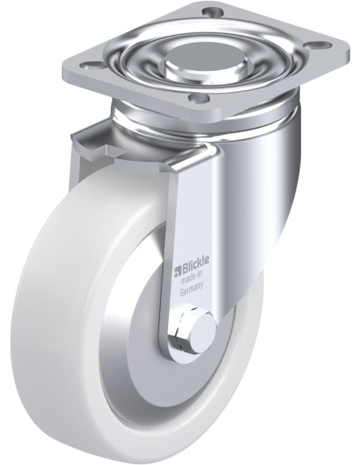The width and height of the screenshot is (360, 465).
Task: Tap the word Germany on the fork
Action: pyautogui.click(x=192, y=288)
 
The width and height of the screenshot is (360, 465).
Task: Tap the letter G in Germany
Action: pyautogui.click(x=182, y=291)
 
